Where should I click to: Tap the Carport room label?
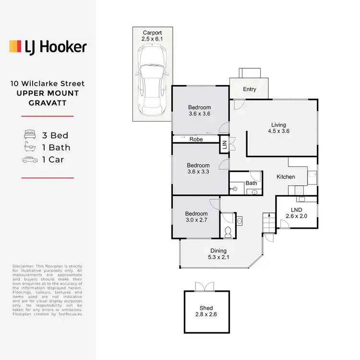pyautogui.click(x=151, y=33)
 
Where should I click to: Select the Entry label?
pyautogui.click(x=250, y=89)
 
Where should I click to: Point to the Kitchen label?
pyautogui.click(x=286, y=177)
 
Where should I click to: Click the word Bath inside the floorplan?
pyautogui.click(x=251, y=183)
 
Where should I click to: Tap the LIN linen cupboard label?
pyautogui.click(x=224, y=144)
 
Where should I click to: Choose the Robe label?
pyautogui.click(x=195, y=139)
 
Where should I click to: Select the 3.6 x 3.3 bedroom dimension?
pyautogui.click(x=199, y=171)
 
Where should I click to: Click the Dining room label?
pyautogui.click(x=218, y=251)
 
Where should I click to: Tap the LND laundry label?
pyautogui.click(x=296, y=210)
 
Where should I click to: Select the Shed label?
pyautogui.click(x=206, y=308)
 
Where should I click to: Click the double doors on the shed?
pyautogui.click(x=206, y=286)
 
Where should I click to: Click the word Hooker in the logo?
pyautogui.click(x=62, y=47)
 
